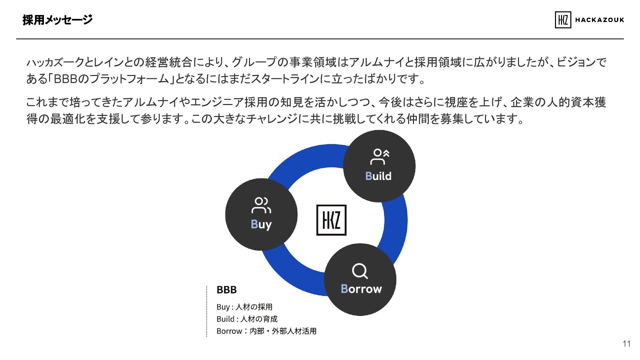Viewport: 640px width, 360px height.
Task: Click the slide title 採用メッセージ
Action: (57, 20)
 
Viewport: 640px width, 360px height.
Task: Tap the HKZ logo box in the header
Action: (563, 20)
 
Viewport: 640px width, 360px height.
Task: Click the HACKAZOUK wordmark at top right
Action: (599, 20)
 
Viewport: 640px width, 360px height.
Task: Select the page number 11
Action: (626, 344)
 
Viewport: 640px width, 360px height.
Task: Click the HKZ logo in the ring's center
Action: (331, 220)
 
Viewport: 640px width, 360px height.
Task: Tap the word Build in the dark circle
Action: (378, 176)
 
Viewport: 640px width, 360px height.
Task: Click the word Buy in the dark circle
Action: (261, 225)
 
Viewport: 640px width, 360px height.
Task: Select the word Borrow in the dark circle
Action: (361, 289)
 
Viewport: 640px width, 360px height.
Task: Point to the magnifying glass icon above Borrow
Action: (360, 271)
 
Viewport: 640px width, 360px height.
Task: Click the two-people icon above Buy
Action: (261, 205)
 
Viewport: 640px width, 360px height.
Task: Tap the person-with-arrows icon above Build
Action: (379, 157)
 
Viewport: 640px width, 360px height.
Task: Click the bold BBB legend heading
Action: (227, 290)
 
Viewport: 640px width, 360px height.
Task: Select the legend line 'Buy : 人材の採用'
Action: (244, 307)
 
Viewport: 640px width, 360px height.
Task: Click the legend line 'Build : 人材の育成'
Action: (247, 319)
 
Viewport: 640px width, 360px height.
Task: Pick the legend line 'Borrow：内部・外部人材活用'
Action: (266, 331)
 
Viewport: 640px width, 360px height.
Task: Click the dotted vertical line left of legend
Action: (207, 312)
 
